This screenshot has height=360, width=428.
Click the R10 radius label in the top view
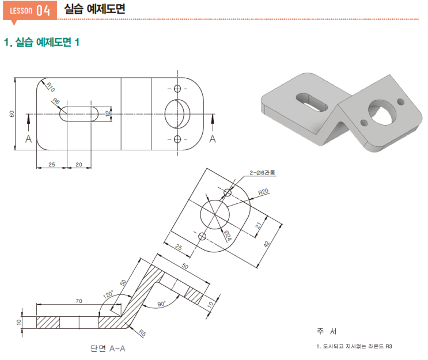tap(51, 87)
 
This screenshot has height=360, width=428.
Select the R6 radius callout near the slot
tap(56, 101)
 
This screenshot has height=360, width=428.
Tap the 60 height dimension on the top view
tap(12, 114)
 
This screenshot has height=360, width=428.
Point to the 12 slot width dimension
tap(108, 113)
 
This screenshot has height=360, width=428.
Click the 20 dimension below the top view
tap(78, 165)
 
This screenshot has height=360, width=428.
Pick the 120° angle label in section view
tap(108, 294)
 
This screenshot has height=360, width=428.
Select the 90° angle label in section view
tap(162, 304)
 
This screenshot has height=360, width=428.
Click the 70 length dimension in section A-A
tap(78, 301)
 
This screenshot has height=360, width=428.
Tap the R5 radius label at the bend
tap(142, 333)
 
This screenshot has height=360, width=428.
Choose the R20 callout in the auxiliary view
tap(263, 192)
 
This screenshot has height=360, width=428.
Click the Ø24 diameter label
tap(228, 235)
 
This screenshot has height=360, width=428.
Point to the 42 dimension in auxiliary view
tap(267, 244)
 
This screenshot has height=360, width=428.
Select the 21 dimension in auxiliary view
tap(258, 225)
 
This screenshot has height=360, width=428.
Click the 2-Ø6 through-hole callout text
tap(262, 172)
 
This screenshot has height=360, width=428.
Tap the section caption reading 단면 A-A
tap(108, 348)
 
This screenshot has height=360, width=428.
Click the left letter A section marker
tap(28, 139)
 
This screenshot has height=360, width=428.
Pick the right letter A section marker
tap(213, 139)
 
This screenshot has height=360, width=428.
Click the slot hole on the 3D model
tap(312, 102)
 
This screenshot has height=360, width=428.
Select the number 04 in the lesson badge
tap(43, 10)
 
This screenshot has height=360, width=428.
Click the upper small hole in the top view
tap(177, 89)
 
